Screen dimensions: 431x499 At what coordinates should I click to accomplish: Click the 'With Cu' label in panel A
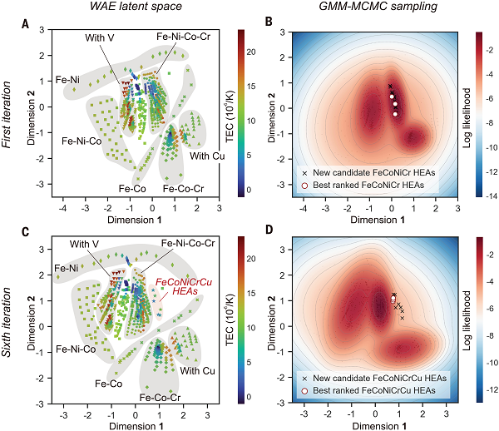pyautogui.click(x=205, y=156)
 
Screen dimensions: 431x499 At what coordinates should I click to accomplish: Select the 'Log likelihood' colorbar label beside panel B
pyautogui.click(x=493, y=114)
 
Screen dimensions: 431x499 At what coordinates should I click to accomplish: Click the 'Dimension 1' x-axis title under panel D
pyautogui.click(x=379, y=426)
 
